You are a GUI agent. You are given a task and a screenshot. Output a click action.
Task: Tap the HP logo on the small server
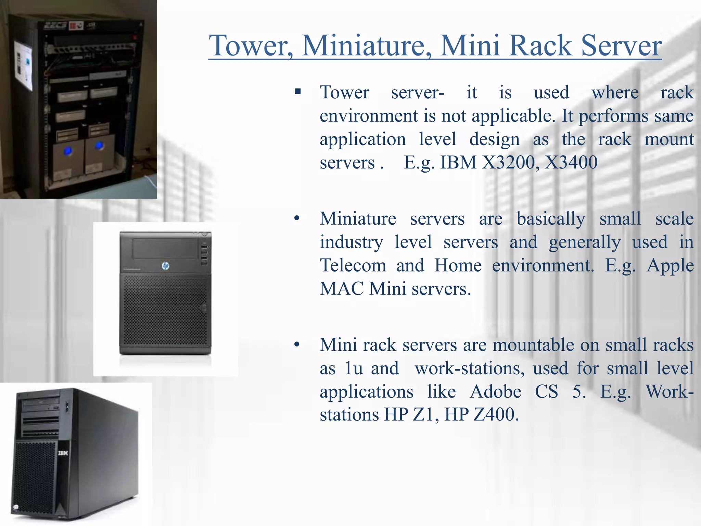pyautogui.click(x=166, y=266)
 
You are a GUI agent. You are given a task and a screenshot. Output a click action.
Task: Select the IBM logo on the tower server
pyautogui.click(x=63, y=453)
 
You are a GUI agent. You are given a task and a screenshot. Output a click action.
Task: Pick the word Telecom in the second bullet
pyautogui.click(x=353, y=265)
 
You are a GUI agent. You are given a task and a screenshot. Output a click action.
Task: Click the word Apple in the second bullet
pyautogui.click(x=670, y=265)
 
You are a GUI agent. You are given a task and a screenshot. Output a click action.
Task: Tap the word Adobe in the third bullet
pyautogui.click(x=496, y=391)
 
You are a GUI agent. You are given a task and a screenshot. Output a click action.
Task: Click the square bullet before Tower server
pyautogui.click(x=298, y=91)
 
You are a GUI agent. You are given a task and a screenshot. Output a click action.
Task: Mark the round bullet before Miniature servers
pyautogui.click(x=297, y=218)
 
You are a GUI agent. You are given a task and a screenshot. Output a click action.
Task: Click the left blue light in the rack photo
pyautogui.click(x=68, y=150)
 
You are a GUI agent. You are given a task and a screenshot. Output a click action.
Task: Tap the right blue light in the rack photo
pyautogui.click(x=99, y=145)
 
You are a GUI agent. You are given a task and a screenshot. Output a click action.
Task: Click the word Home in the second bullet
pyautogui.click(x=458, y=265)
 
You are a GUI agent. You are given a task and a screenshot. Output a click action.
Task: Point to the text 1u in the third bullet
pyautogui.click(x=354, y=368)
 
